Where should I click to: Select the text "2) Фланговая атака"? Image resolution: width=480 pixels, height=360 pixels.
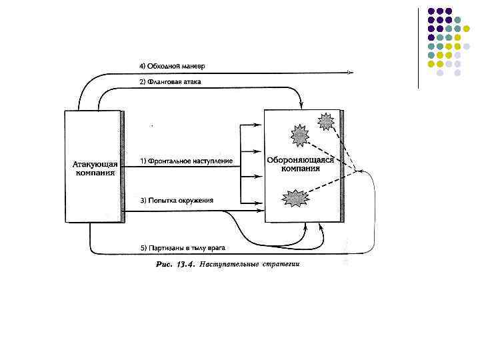click(171, 82)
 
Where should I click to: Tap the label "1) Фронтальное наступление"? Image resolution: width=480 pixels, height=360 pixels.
click(186, 161)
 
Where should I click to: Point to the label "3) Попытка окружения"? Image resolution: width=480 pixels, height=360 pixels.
click(177, 200)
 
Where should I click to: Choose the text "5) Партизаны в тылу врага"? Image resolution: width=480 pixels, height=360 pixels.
click(183, 248)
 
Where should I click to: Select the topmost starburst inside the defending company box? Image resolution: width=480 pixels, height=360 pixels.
click(326, 121)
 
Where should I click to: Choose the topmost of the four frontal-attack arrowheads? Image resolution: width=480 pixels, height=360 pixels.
click(261, 125)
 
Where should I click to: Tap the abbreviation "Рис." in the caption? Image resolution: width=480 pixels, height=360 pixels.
click(164, 265)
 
